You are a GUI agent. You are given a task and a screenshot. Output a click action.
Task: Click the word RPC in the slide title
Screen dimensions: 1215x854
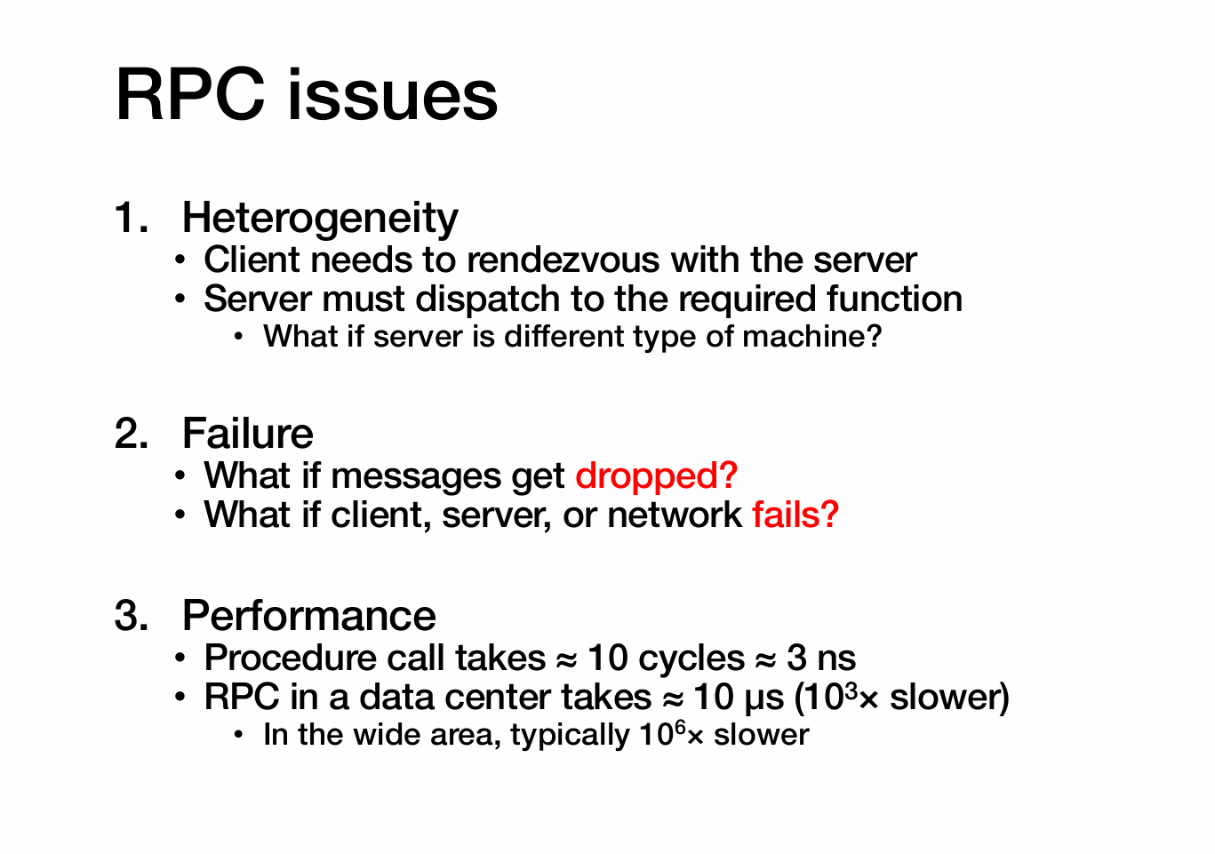pyautogui.click(x=190, y=95)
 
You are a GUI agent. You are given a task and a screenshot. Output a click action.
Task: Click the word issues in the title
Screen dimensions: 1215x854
pyautogui.click(x=393, y=94)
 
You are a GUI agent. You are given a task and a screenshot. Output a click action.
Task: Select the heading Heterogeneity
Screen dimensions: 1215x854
pyautogui.click(x=320, y=218)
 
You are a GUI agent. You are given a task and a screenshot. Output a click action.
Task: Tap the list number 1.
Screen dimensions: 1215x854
pyautogui.click(x=132, y=218)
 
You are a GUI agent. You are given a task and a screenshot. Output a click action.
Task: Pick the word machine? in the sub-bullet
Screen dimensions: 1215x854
pyautogui.click(x=812, y=336)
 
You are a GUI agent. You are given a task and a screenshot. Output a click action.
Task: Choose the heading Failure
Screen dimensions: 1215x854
pyautogui.click(x=248, y=434)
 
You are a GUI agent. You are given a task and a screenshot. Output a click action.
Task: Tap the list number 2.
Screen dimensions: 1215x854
pyautogui.click(x=132, y=434)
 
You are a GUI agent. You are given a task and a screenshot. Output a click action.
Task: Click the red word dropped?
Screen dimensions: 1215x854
pyautogui.click(x=656, y=476)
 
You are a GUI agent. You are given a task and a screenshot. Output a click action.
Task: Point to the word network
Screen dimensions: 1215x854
pyautogui.click(x=675, y=515)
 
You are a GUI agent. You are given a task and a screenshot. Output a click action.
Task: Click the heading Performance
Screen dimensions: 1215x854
pyautogui.click(x=309, y=616)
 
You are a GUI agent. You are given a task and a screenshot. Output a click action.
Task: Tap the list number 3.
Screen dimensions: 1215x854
pyautogui.click(x=132, y=616)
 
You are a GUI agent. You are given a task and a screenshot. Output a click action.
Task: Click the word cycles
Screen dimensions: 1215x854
pyautogui.click(x=691, y=659)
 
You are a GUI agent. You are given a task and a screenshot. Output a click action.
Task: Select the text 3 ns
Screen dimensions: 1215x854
pyautogui.click(x=821, y=658)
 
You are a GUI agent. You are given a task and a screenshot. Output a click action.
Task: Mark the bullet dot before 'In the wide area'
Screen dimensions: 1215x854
pyautogui.click(x=238, y=736)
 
